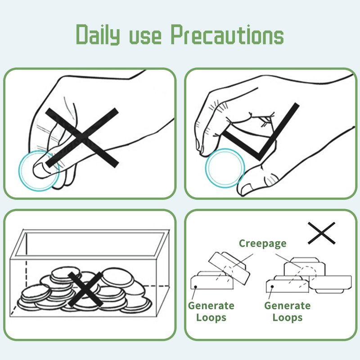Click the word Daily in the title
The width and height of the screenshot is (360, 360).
pos(98,35)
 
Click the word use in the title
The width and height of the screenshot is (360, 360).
pos(145,37)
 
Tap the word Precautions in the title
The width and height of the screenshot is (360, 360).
pos(227,35)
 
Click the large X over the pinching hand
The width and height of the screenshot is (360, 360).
pos(82,137)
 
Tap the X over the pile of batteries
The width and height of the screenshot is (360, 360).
pos(85,289)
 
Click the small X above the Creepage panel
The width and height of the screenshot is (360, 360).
pos(321,233)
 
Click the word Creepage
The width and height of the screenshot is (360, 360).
pos(263,243)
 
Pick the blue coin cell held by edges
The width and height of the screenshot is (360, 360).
pos(225,168)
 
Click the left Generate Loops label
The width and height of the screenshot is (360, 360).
pos(211,311)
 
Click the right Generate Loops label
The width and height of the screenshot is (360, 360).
pos(288,311)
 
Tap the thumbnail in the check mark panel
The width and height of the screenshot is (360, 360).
pos(245,189)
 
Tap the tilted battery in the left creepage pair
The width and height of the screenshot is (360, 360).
pos(229,267)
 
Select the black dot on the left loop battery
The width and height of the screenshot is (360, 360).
pos(195,287)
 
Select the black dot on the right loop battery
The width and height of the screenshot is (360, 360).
pos(272,287)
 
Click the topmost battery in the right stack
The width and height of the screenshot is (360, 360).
pos(305,266)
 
